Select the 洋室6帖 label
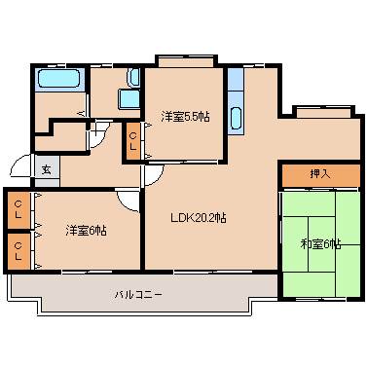click(87, 231)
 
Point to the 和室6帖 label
click(320, 244)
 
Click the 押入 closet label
click(320, 173)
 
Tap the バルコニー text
click(137, 292)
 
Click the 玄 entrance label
click(45, 168)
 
